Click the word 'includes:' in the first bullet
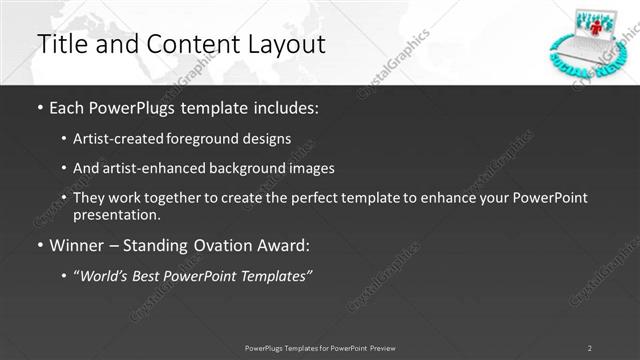(286, 106)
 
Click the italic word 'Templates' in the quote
(277, 275)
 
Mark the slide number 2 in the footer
(589, 347)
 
